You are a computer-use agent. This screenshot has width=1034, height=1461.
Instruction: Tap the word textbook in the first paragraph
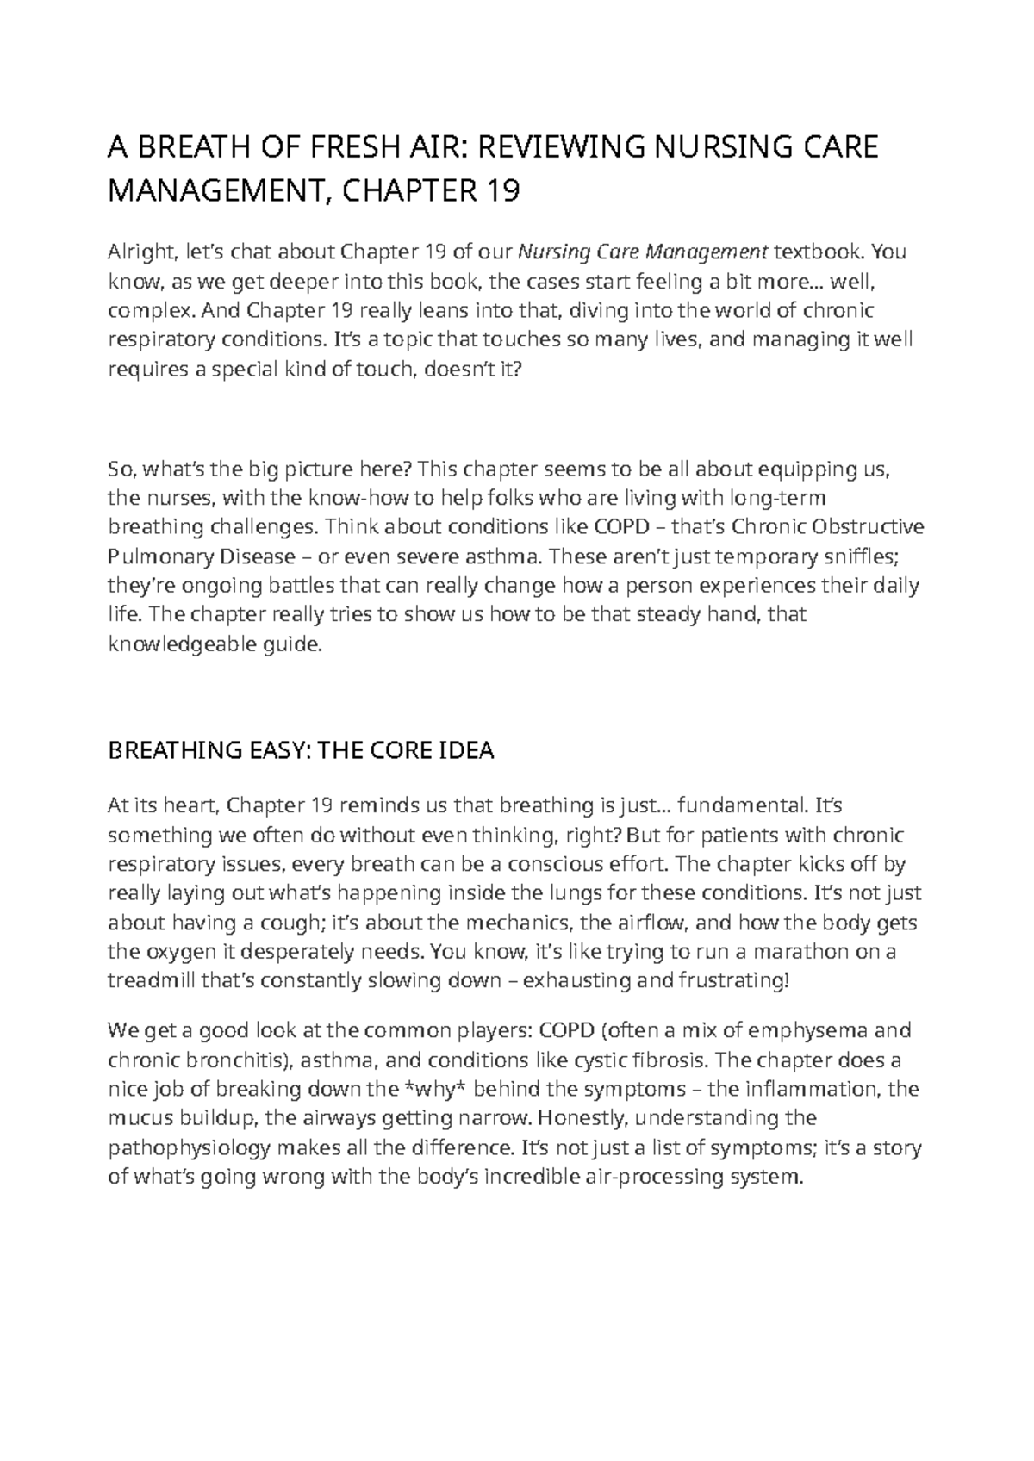[819, 252]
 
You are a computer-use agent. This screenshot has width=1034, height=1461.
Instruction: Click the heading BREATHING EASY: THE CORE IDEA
[300, 750]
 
